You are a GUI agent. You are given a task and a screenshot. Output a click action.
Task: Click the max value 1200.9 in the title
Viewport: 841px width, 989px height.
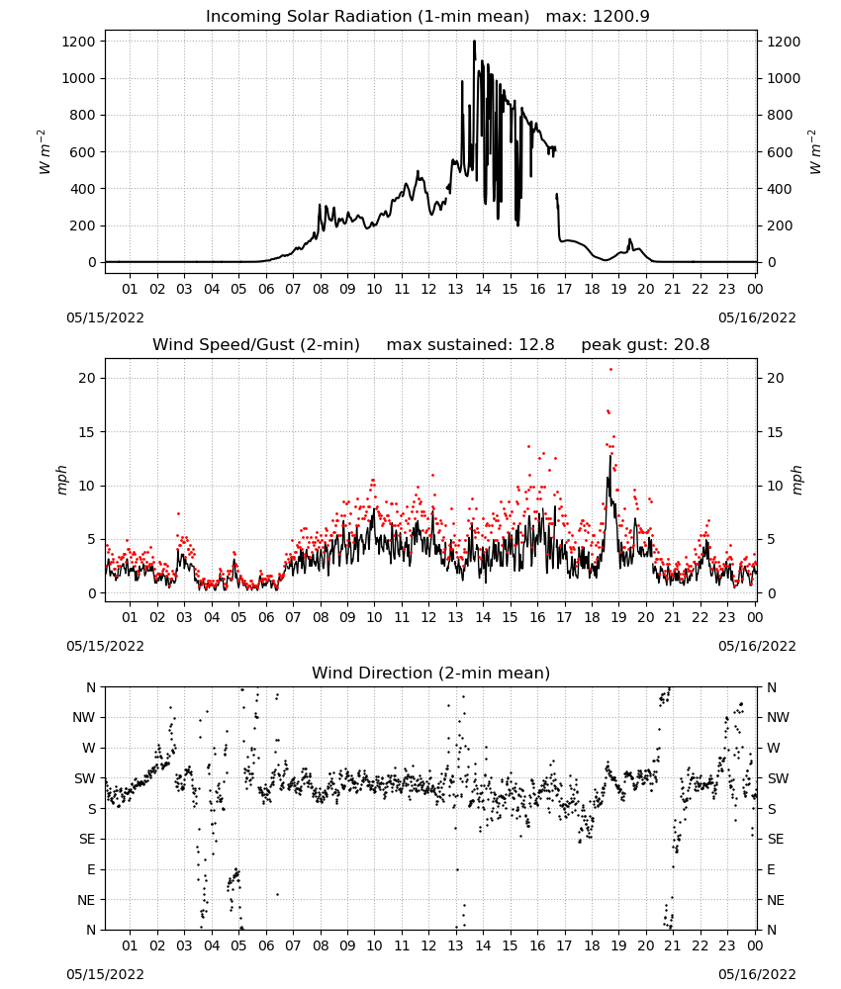coord(621,16)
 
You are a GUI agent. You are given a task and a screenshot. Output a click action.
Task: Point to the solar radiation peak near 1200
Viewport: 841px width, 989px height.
coord(475,42)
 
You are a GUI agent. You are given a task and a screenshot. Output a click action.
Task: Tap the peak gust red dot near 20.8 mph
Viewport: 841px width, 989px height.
coord(610,369)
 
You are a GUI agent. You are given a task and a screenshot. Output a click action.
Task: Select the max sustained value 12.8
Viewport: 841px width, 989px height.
coord(536,344)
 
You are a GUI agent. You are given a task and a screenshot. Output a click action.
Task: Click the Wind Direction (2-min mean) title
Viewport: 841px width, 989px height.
coord(431,673)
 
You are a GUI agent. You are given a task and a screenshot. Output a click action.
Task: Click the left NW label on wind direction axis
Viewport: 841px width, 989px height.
coord(84,717)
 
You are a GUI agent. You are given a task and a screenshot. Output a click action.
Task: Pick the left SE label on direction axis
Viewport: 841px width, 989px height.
coord(87,839)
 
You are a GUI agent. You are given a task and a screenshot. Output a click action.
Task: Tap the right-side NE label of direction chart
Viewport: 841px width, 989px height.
coord(776,900)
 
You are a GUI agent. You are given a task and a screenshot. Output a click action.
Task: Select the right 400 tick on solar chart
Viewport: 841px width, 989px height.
coord(780,189)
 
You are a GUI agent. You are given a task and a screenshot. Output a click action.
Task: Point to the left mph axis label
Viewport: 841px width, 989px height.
coord(61,480)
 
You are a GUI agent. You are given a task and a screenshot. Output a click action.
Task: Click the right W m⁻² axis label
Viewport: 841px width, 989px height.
coord(815,152)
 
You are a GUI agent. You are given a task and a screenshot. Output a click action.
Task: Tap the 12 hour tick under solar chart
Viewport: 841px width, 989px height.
coord(428,289)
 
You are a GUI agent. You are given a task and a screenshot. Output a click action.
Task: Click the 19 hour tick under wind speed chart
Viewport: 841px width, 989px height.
coord(619,617)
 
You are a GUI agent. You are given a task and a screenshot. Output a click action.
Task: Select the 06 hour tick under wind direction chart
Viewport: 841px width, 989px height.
coord(265,945)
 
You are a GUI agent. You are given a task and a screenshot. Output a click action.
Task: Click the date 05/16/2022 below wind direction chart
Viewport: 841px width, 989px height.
coord(757,974)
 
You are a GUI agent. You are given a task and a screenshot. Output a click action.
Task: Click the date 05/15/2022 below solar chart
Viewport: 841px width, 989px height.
coord(105,317)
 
